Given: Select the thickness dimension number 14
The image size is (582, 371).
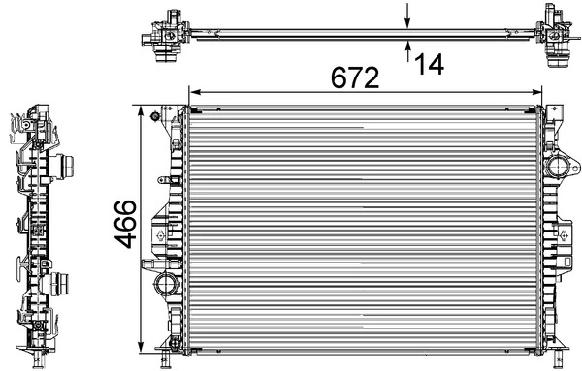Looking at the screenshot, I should pos(428,63).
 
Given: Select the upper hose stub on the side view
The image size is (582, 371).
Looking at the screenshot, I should pos(66,167).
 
